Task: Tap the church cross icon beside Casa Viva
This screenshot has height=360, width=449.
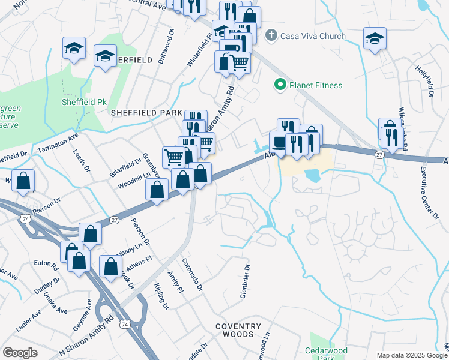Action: (x=271, y=36)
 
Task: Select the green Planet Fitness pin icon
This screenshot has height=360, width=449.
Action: (x=279, y=85)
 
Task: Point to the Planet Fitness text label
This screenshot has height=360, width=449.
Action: (x=316, y=85)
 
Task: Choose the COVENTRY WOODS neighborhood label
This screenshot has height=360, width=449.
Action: (x=238, y=331)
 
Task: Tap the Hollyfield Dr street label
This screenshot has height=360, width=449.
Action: (x=424, y=82)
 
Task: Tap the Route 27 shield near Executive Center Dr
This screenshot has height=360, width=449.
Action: (x=379, y=155)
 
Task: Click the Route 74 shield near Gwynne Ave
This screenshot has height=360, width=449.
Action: (x=124, y=325)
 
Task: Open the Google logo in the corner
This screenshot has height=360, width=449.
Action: (x=20, y=353)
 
